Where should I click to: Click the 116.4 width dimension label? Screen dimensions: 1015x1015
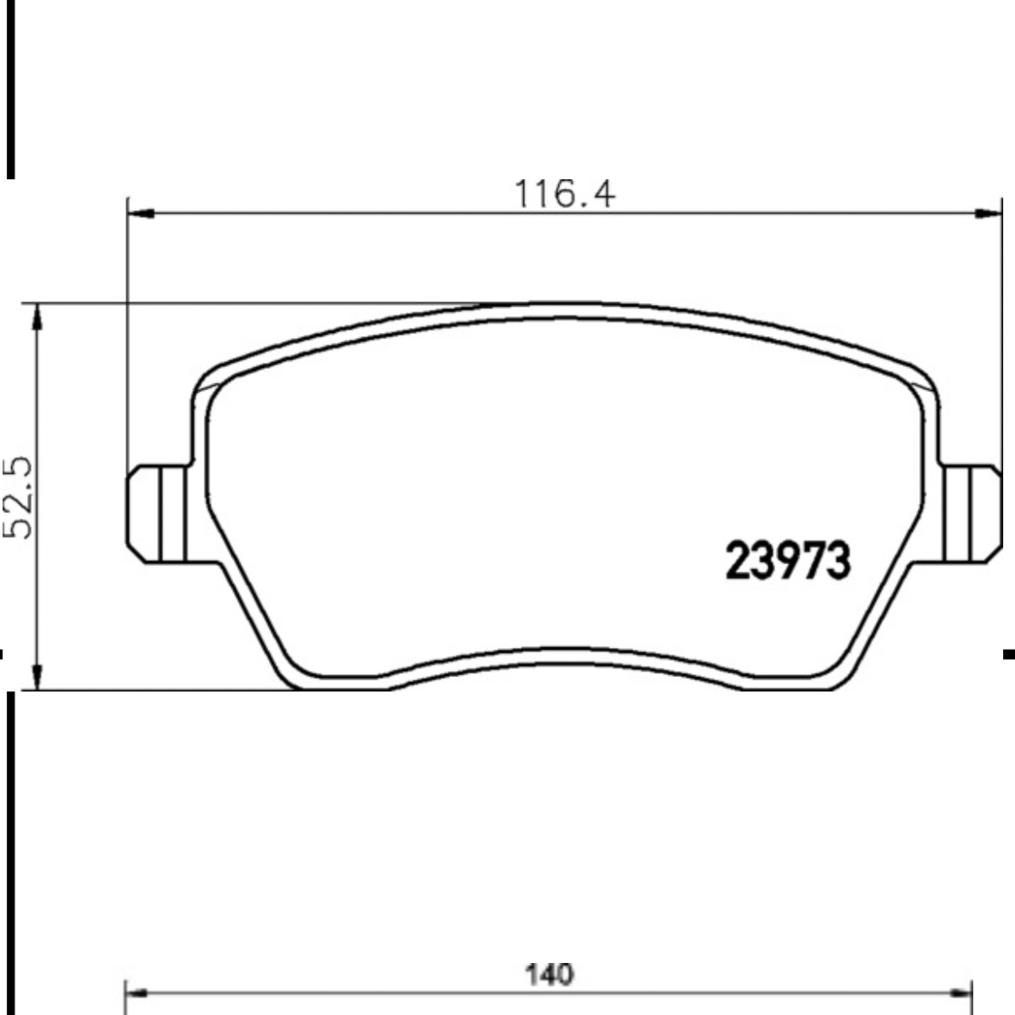563,194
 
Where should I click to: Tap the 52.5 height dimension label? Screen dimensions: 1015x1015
17,497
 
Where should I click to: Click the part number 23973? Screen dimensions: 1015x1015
787,561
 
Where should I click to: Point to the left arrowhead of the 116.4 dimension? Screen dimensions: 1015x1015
141,213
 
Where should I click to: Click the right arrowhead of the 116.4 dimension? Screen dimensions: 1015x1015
989,213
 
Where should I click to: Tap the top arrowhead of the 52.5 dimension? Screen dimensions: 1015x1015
38,317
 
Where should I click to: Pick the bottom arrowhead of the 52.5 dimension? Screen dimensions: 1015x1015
38,676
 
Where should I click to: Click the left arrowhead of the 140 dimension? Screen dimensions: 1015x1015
138,992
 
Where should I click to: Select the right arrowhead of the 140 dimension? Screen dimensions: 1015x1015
960,992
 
